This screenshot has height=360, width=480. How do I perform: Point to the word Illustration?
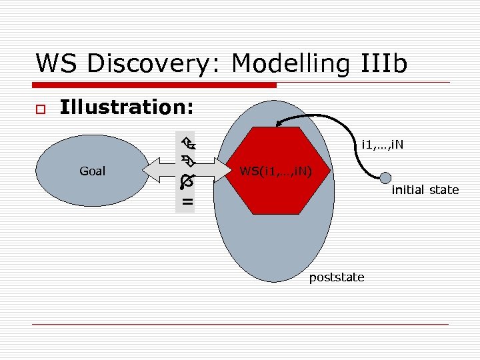coord(127,107)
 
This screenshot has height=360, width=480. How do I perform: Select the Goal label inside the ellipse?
coord(92,171)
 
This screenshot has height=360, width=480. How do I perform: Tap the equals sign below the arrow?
coord(187,201)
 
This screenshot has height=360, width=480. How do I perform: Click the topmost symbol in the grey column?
coord(187,142)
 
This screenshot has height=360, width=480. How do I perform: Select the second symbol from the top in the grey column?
coord(187,161)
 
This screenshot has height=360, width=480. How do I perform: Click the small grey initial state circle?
coord(385,177)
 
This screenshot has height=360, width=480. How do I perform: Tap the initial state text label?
coord(425,190)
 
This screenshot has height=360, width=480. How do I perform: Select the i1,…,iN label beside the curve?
coord(382,144)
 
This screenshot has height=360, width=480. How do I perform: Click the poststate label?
coord(337,277)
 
